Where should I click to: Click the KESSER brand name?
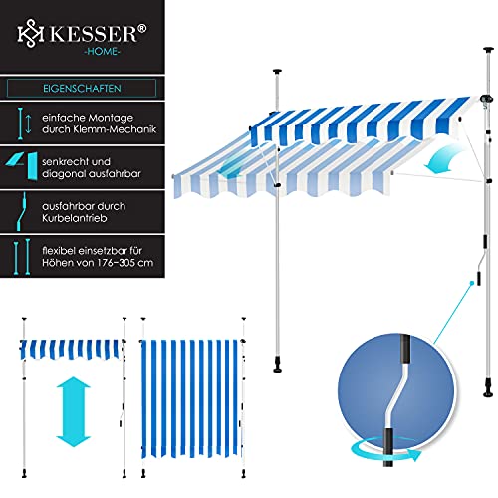[x=95, y=33]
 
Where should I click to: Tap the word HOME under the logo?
[x=102, y=51]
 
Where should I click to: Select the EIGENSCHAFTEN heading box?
[x=82, y=88]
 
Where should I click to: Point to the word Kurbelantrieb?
[x=75, y=218]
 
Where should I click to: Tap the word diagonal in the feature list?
[x=62, y=174]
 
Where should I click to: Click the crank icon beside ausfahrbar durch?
[x=22, y=211]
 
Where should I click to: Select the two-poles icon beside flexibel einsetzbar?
[x=22, y=256]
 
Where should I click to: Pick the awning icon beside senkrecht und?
[x=22, y=166]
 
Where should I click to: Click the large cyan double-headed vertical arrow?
[x=74, y=412]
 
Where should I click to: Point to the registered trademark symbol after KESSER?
[x=141, y=28]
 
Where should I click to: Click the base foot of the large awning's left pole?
[x=278, y=367]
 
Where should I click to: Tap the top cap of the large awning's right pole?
[x=488, y=50]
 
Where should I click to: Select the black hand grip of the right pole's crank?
[x=479, y=278]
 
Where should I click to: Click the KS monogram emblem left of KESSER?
[x=31, y=33]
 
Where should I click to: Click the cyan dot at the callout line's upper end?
[x=471, y=283]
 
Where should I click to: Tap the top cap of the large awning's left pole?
[x=277, y=72]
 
